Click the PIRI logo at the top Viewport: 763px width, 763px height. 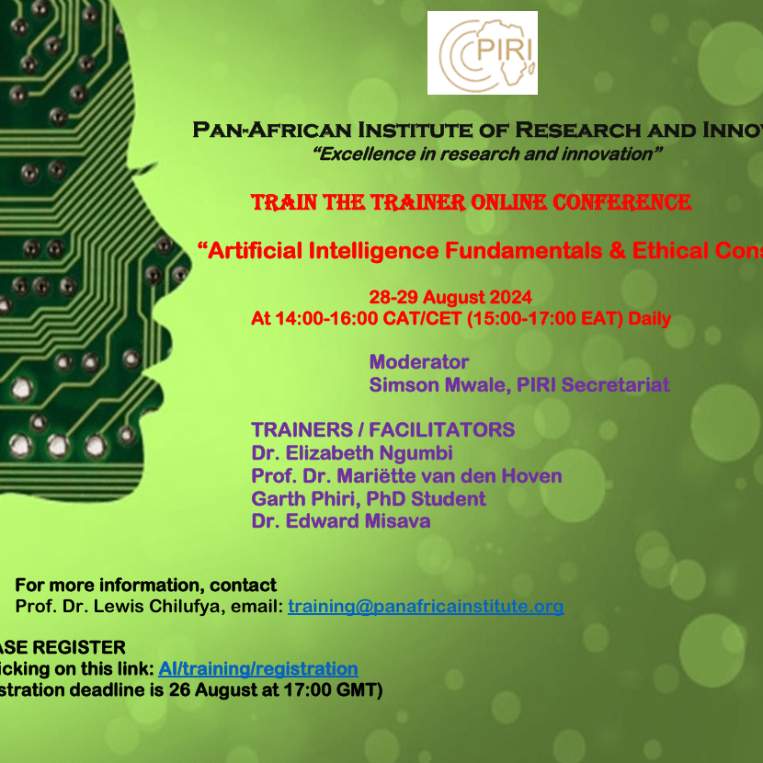(x=482, y=52)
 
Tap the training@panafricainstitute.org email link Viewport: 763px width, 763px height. (x=425, y=607)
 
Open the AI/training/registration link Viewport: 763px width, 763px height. (x=258, y=669)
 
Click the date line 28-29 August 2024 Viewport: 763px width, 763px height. (x=450, y=298)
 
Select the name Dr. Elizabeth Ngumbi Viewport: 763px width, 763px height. (x=352, y=453)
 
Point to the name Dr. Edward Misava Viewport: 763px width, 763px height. (x=340, y=521)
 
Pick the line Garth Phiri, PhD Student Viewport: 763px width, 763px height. (x=369, y=499)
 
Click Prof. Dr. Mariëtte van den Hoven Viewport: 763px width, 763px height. (x=406, y=476)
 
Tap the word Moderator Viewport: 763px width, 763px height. (x=419, y=362)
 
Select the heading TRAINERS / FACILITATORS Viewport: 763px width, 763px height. (x=382, y=430)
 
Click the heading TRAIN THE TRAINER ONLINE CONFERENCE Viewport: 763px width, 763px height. (x=471, y=202)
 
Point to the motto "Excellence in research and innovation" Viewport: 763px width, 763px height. (x=487, y=154)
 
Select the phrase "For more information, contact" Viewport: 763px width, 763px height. (x=145, y=586)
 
